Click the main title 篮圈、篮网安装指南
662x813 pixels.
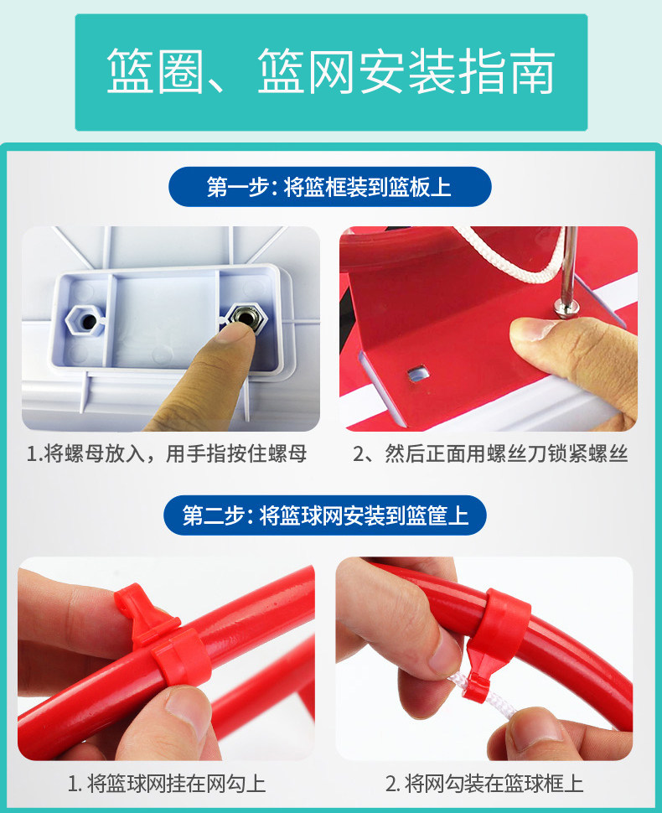(331, 71)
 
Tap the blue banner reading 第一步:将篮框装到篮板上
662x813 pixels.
(329, 187)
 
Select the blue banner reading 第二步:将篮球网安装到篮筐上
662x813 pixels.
(325, 515)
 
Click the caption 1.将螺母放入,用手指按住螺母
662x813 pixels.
(167, 453)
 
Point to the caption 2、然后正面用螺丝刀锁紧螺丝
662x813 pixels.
(490, 453)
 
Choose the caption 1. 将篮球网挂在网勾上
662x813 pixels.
(167, 783)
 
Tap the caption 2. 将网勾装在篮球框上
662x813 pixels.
(484, 783)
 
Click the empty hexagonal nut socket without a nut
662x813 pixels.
(85, 318)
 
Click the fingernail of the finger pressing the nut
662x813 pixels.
(235, 331)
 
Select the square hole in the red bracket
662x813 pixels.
(418, 373)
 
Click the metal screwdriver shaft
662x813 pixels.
(569, 264)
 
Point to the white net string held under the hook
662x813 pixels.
(484, 697)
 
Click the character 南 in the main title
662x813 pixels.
(532, 71)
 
